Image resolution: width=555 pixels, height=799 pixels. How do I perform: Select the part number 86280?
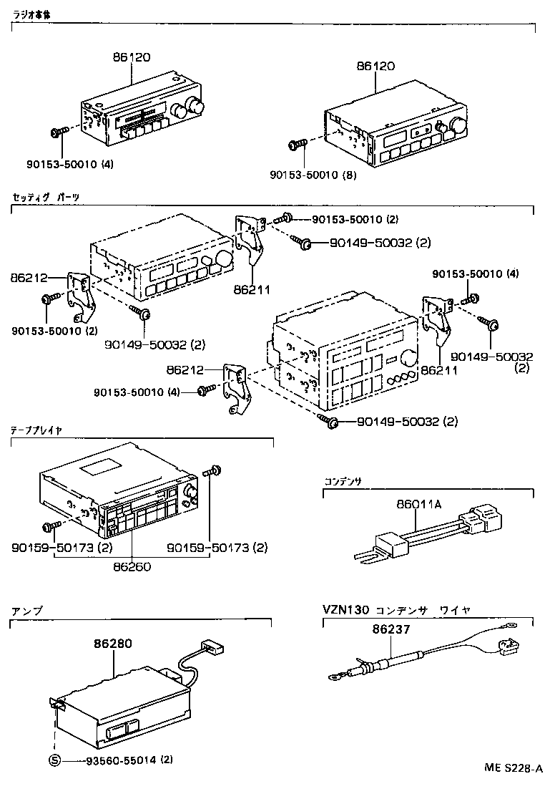point(112,644)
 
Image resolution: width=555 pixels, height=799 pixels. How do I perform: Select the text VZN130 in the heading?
point(345,610)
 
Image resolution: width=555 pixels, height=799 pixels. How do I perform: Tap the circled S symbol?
point(54,760)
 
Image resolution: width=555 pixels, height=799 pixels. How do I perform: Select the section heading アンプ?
point(27,611)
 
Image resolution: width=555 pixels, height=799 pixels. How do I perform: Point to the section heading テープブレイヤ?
point(36,430)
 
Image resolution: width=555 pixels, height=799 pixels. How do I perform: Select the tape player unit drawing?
point(118,498)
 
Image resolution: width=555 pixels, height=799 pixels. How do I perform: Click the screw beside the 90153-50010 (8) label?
point(296,146)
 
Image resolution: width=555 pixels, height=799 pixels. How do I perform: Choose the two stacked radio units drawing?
point(343,358)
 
